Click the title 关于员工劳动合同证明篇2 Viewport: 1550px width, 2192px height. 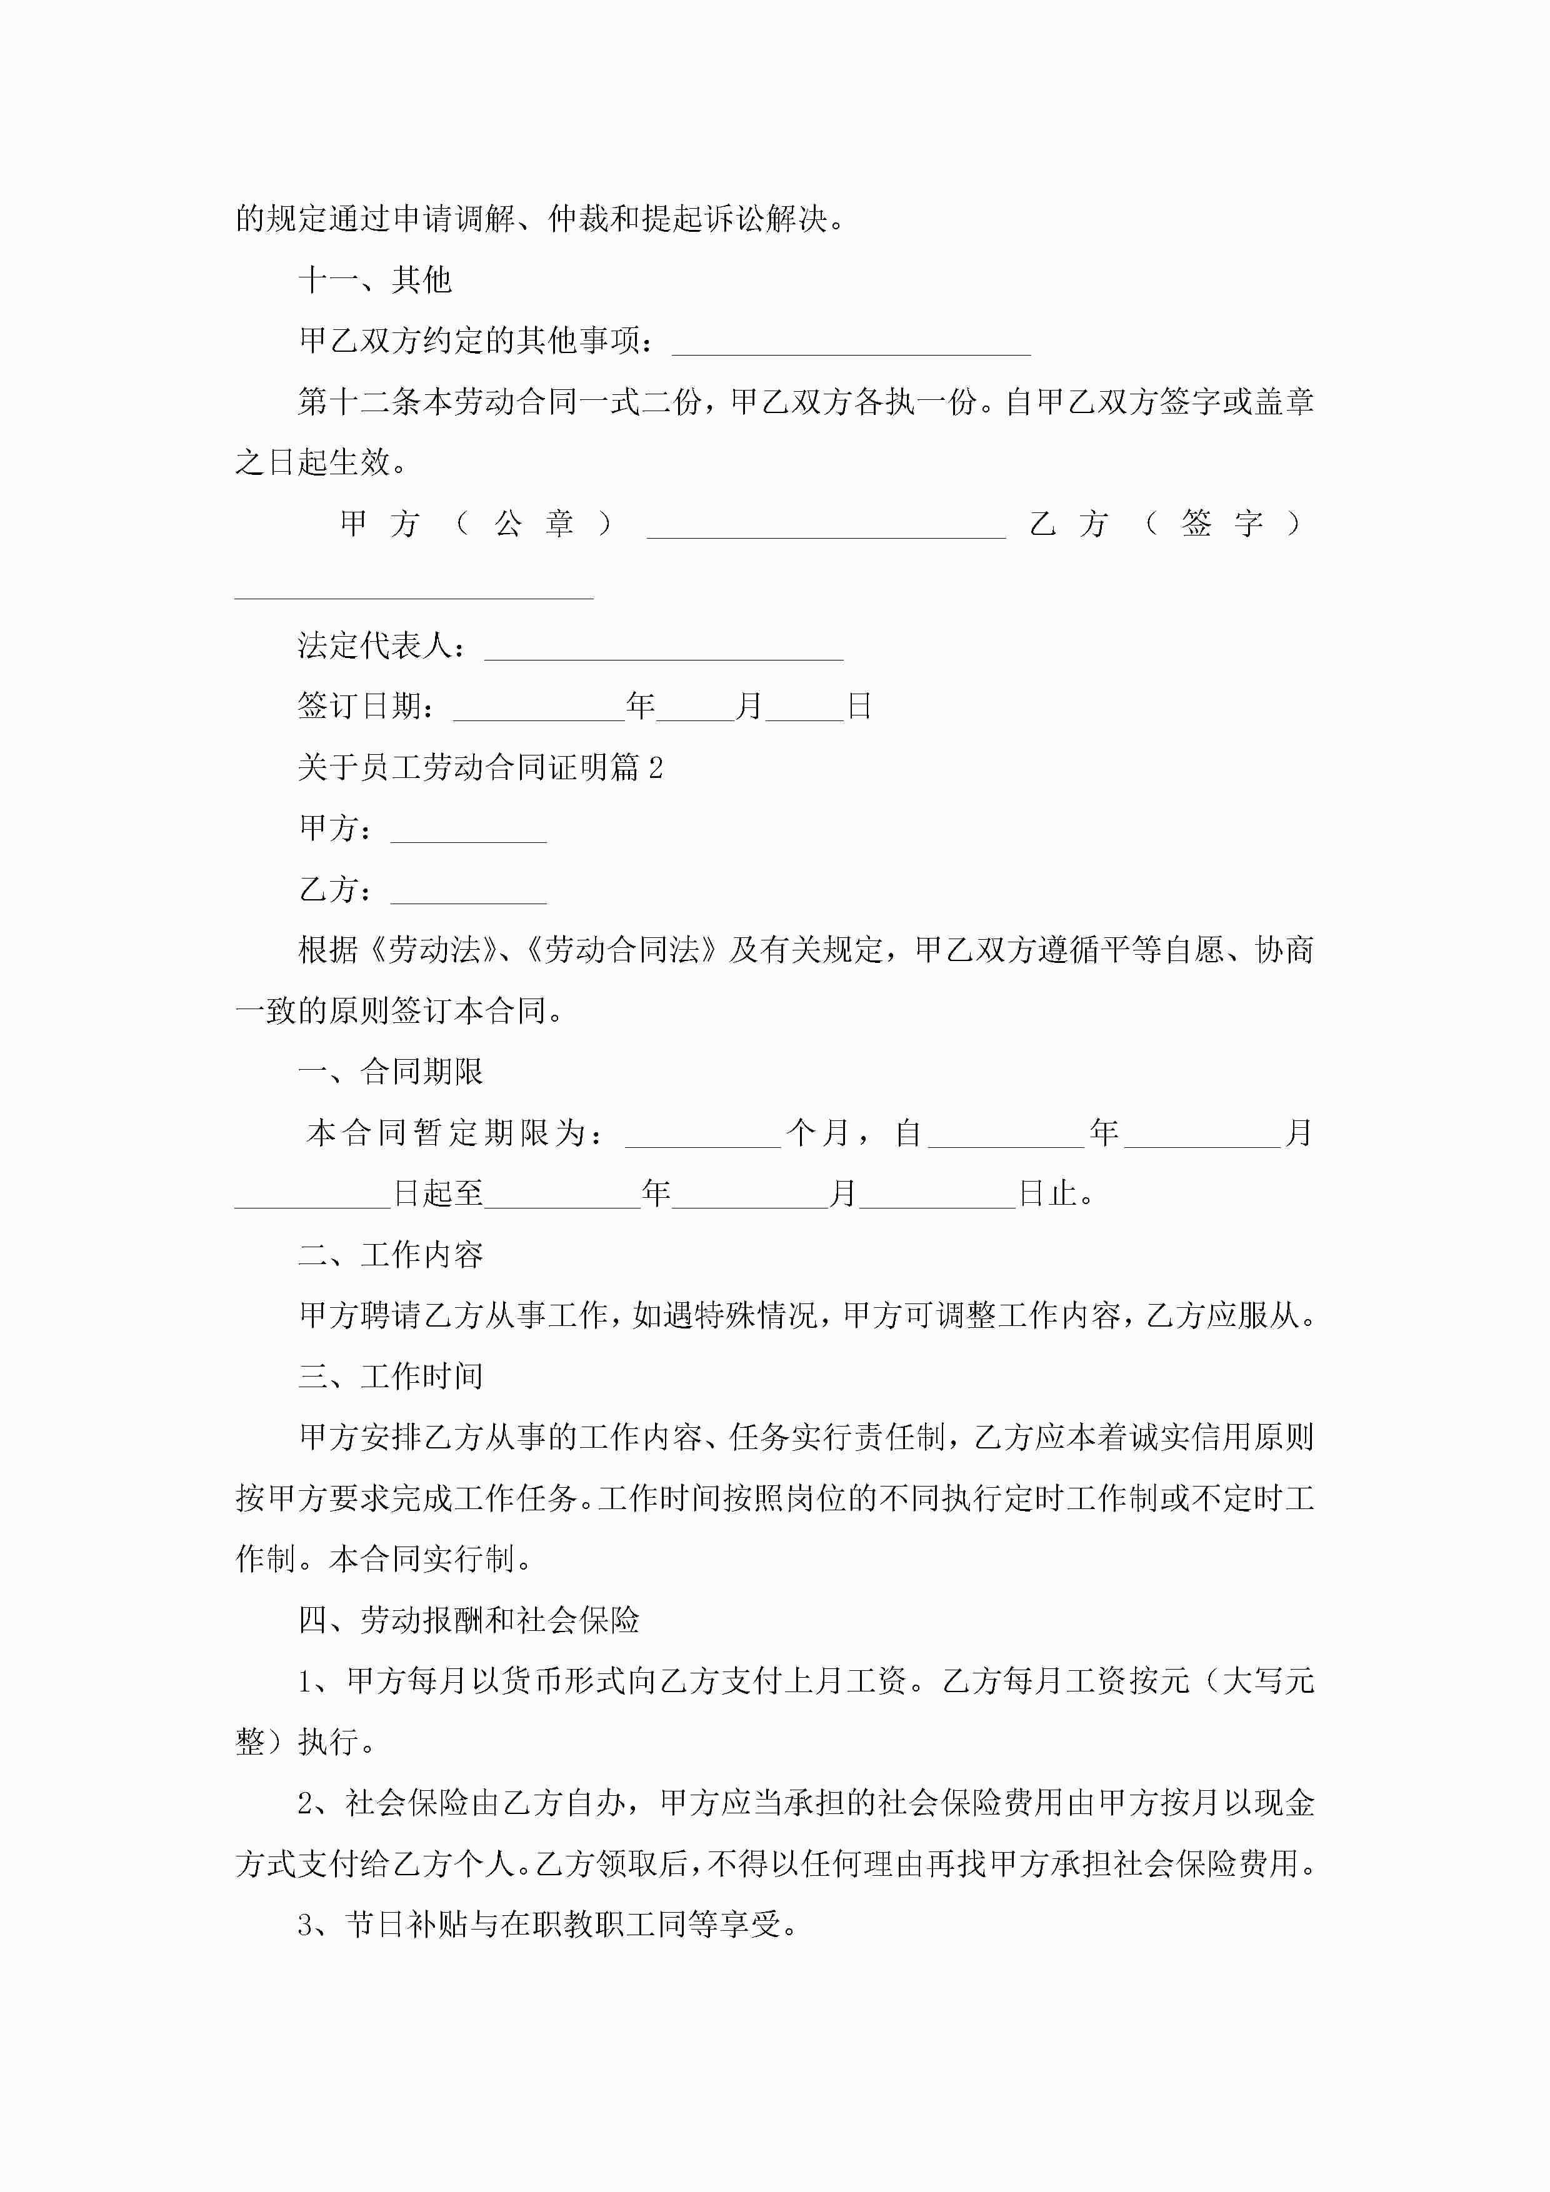[x=481, y=767]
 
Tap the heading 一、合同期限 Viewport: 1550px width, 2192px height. [x=391, y=1072]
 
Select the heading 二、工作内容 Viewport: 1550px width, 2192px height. [x=391, y=1255]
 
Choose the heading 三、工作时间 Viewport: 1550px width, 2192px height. [x=391, y=1377]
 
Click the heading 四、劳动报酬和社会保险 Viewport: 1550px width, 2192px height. [x=468, y=1620]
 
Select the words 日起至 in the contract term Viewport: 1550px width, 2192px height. [x=438, y=1194]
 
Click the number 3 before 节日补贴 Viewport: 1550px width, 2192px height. [x=306, y=1925]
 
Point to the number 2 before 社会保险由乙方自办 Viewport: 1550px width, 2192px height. [x=306, y=1803]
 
